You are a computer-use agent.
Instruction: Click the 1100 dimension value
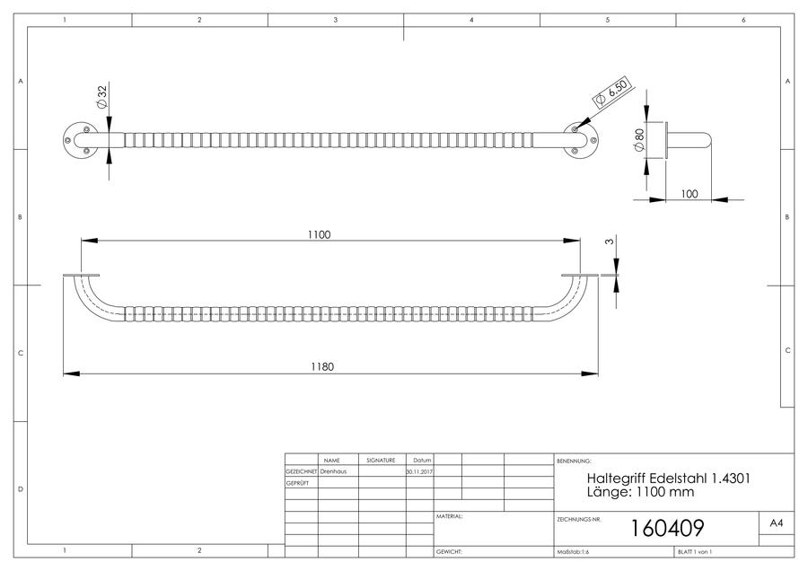[319, 234]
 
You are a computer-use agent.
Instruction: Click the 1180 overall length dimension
[322, 366]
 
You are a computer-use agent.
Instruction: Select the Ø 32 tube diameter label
[101, 96]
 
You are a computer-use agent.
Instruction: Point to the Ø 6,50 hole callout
[611, 92]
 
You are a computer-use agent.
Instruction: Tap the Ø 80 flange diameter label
[638, 140]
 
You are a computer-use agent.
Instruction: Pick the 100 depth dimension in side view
[689, 194]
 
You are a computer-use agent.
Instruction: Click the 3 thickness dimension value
[610, 242]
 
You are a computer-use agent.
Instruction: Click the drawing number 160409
[667, 528]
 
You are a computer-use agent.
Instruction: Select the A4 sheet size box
[776, 523]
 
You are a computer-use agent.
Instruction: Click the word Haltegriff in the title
[616, 479]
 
